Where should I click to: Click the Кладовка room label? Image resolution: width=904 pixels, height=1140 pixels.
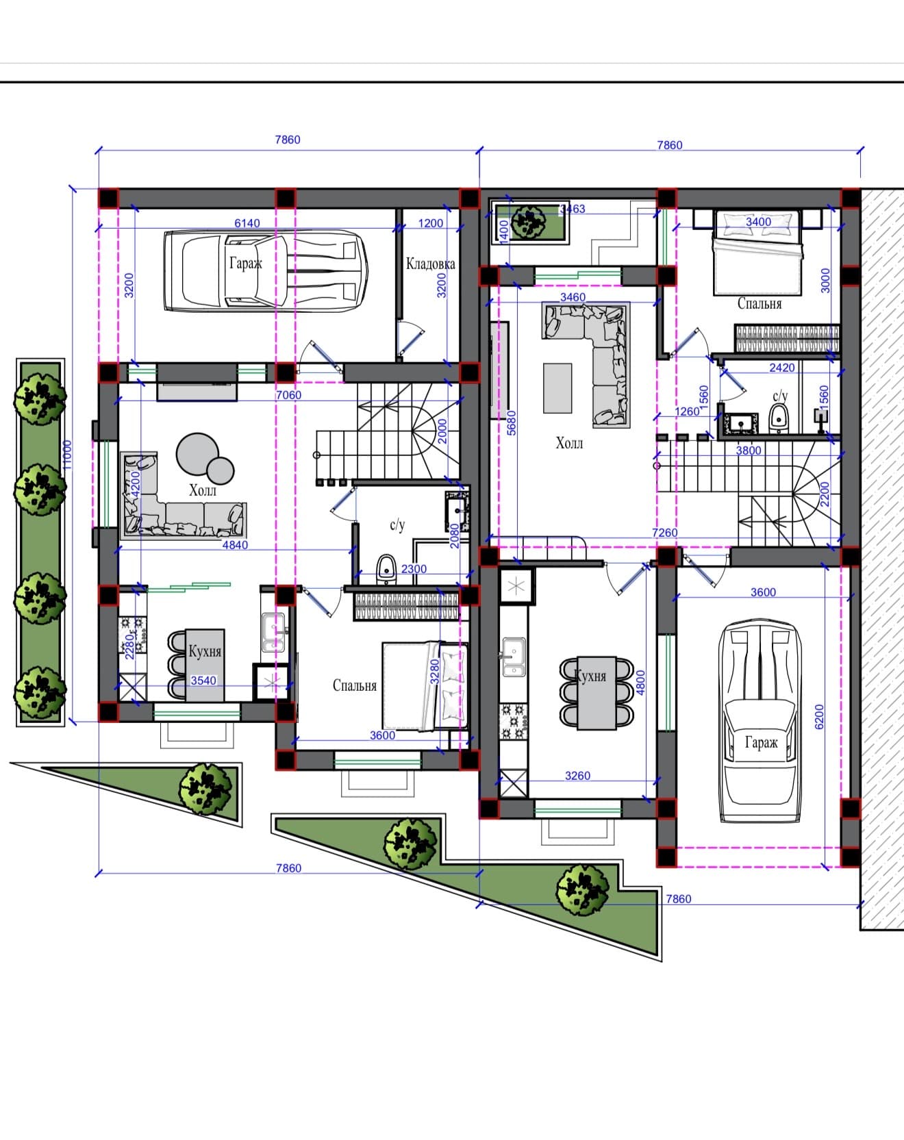(x=430, y=264)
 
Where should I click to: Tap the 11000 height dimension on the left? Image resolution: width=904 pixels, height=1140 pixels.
(x=66, y=454)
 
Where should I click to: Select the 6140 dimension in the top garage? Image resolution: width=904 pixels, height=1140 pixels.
(x=247, y=223)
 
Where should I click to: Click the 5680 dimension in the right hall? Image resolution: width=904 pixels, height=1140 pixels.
(x=512, y=422)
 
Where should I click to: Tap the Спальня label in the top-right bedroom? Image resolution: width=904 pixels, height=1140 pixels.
(x=759, y=303)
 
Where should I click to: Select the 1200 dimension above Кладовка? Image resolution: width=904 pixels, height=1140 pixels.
(x=431, y=223)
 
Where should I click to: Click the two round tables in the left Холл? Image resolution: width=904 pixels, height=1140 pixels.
(x=204, y=457)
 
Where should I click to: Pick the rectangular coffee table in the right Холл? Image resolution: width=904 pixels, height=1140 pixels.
(x=557, y=388)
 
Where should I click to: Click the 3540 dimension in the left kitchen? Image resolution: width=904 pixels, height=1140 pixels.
(x=203, y=681)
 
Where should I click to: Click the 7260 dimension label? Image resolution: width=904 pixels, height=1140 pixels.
(x=664, y=533)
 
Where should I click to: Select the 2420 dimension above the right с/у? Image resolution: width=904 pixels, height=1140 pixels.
(x=782, y=368)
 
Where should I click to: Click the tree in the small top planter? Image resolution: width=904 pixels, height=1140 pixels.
(x=527, y=221)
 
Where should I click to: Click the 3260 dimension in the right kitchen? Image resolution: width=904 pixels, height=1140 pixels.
(x=577, y=776)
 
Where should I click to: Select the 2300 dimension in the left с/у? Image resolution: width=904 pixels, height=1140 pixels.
(x=414, y=569)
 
